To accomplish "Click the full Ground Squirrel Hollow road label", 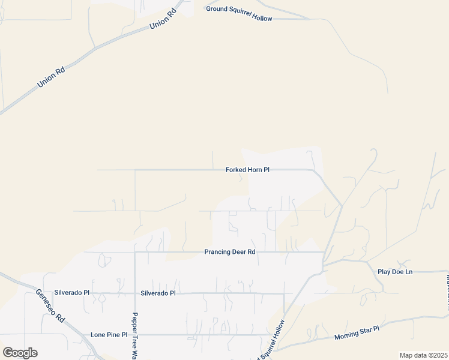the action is pos(239,13).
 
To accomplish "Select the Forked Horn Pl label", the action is pos(247,170).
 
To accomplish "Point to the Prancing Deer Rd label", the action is pos(230,252).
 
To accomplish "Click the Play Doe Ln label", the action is pos(395,272).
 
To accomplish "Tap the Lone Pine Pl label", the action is pos(109,335).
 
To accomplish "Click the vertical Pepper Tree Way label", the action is pos(135,336).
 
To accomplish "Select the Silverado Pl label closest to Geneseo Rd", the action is pos(71,293).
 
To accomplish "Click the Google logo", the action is pos(20,353).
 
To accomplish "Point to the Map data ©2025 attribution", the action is pos(423,355).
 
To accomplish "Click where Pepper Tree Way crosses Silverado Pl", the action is pos(135,293).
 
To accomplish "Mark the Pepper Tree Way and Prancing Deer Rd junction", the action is pos(135,252).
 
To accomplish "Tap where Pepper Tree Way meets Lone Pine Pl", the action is pos(135,335).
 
